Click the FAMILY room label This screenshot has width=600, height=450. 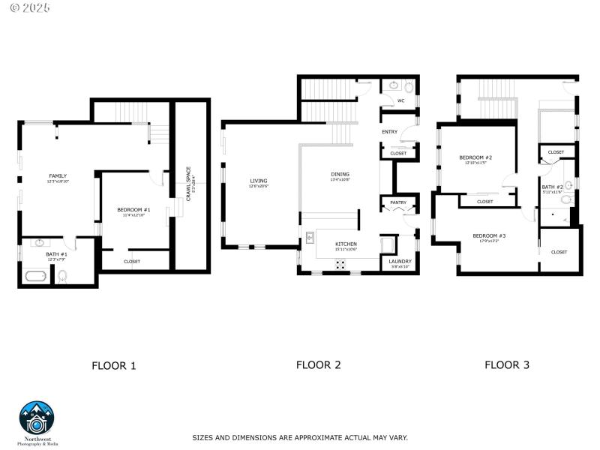58,175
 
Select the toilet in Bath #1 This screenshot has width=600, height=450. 64,277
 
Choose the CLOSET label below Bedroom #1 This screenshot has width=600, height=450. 132,261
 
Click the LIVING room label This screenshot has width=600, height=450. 258,180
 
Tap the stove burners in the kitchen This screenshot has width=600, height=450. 340,264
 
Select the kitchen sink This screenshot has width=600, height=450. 310,238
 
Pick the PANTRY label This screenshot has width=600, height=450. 397,202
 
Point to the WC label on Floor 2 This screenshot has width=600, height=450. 400,100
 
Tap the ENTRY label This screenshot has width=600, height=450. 389,132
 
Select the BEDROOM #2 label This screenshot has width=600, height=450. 475,157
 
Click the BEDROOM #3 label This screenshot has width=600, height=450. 489,235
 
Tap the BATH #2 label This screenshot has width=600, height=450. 552,187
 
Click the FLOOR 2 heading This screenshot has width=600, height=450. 318,365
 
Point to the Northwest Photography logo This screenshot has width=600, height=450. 37,420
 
